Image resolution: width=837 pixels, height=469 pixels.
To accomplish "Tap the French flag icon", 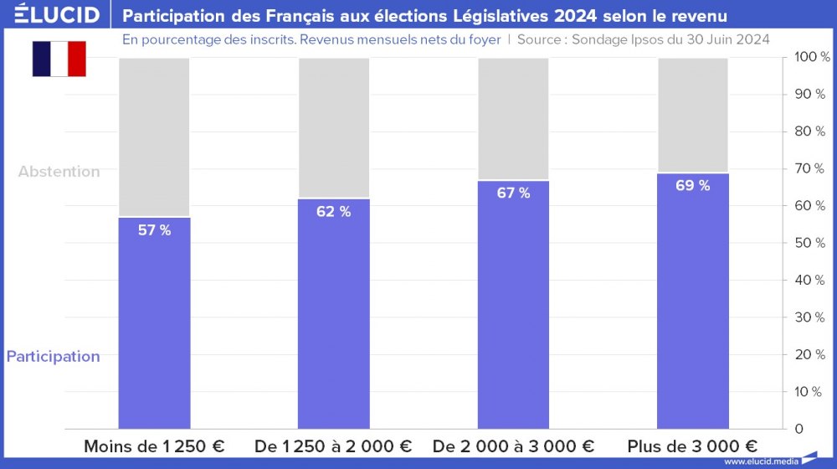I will pos(59,59).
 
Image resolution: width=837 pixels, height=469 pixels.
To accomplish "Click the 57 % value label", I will pos(154,230).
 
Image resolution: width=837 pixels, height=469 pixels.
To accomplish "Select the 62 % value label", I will pos(333,212).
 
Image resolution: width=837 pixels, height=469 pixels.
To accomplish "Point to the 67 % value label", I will pos(513,193).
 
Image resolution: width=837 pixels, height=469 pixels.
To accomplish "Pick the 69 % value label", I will pos(692,186).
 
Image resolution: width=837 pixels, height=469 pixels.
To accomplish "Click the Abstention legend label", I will pos(59,172).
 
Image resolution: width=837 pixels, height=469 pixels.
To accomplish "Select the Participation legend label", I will pos(54,357).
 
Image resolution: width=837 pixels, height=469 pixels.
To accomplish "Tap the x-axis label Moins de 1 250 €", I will pos(154,446).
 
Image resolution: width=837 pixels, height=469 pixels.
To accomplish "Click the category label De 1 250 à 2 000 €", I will pos(333,446).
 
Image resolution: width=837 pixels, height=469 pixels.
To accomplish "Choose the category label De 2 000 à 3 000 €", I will pos(513,446).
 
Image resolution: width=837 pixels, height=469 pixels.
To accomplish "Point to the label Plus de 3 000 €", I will pos(692,446).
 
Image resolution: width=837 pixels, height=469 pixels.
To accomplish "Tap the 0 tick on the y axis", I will pos(799,429).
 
